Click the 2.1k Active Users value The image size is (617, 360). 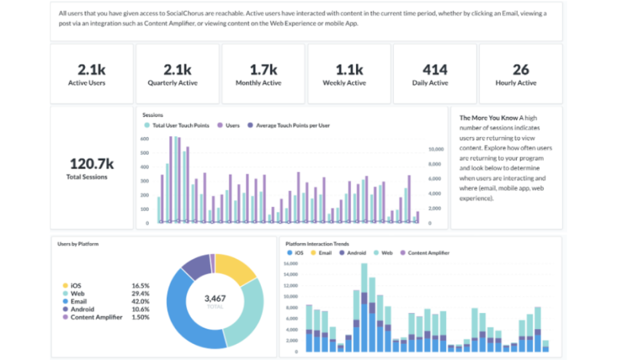[91, 69]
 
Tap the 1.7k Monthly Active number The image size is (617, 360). [264, 69]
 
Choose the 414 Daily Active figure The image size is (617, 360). [435, 69]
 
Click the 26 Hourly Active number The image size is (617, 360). [521, 69]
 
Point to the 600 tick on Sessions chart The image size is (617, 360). [145, 139]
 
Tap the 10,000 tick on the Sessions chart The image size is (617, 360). [436, 149]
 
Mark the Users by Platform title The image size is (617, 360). [78, 244]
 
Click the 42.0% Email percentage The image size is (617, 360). [139, 301]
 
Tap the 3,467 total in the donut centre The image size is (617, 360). [214, 298]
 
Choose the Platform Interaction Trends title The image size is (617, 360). [317, 244]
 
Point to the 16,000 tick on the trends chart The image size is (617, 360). [291, 264]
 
